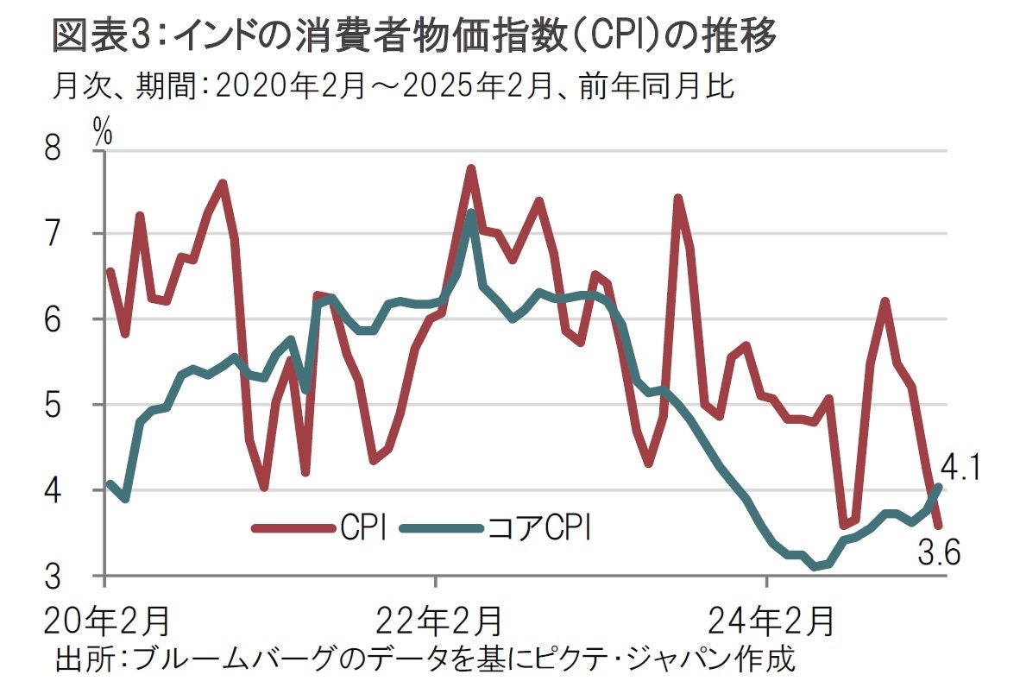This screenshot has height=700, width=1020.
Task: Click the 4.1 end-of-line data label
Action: [x=960, y=470]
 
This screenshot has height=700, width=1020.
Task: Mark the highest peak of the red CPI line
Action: [x=471, y=168]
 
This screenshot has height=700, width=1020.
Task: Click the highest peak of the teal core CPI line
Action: [x=470, y=212]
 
